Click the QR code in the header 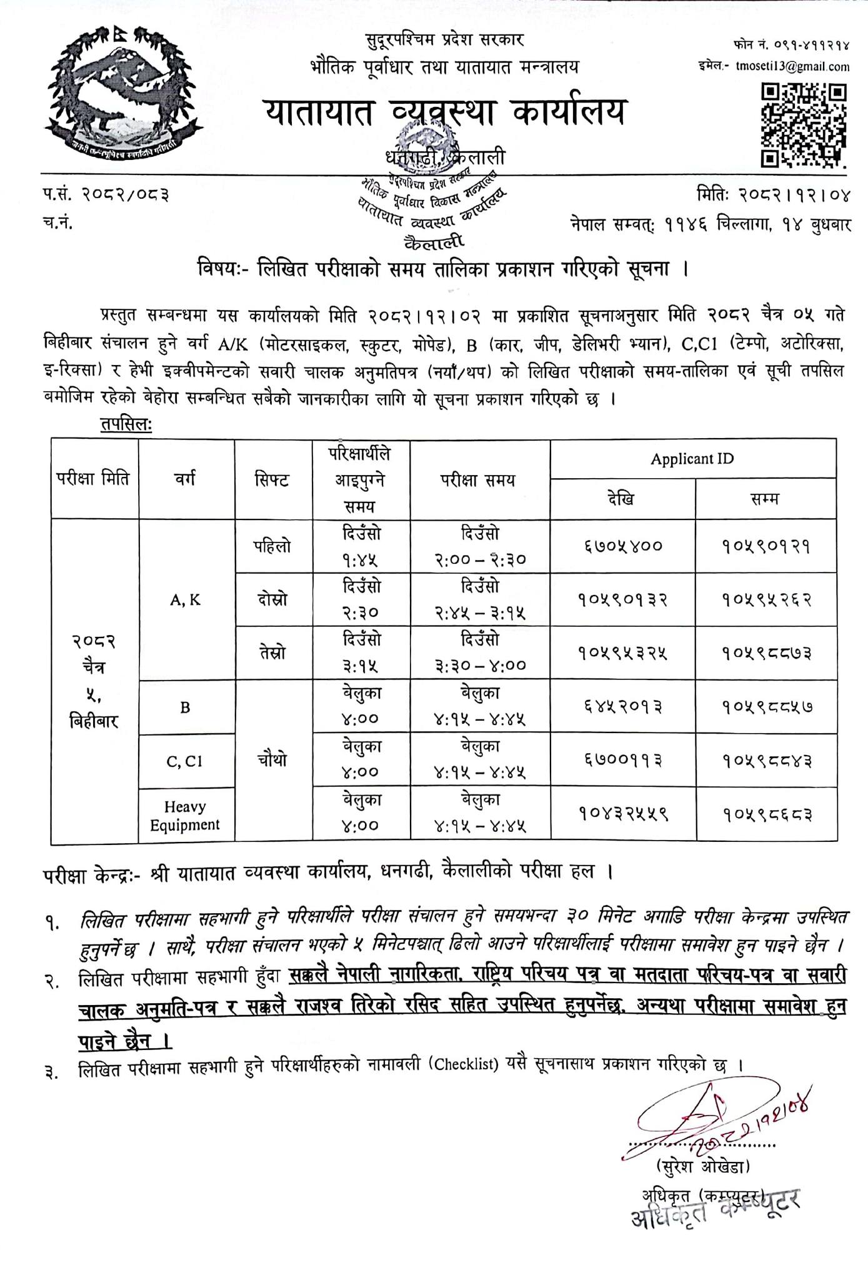(x=803, y=126)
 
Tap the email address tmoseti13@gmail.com (x=792, y=66)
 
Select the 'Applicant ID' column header (x=692, y=459)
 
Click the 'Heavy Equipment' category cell (x=185, y=816)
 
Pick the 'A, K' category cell (x=185, y=600)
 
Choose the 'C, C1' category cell (x=185, y=761)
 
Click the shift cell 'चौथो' (x=272, y=761)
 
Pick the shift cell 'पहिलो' (x=272, y=546)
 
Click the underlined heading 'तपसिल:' (x=126, y=424)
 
